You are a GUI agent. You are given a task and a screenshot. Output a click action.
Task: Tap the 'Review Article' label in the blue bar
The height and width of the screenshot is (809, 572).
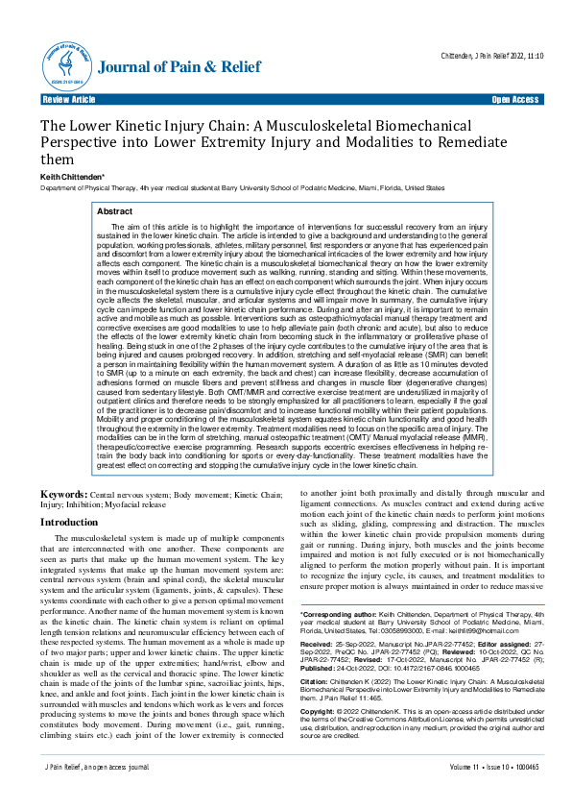69,99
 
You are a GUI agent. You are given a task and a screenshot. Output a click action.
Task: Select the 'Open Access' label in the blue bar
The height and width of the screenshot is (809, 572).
514,99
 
